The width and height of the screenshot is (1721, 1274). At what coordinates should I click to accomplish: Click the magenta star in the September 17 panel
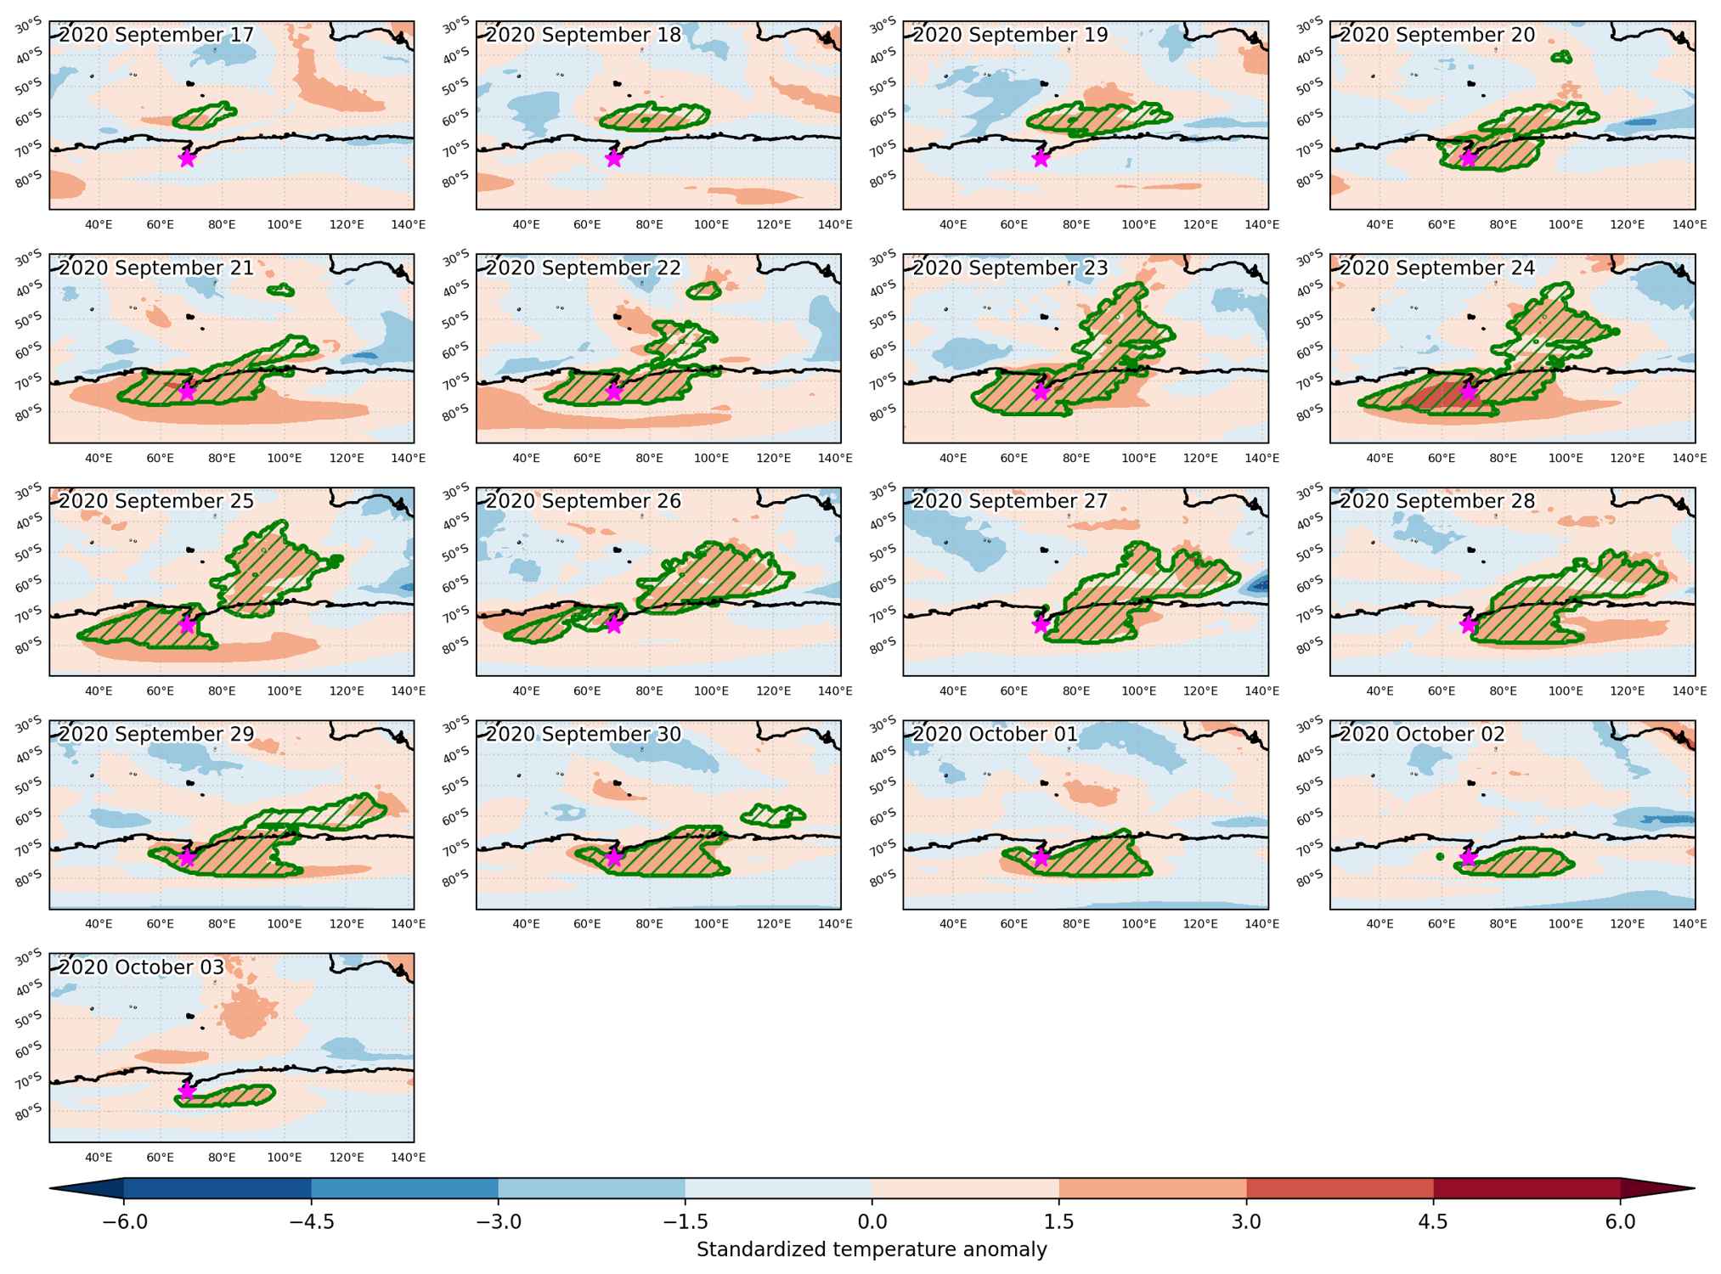click(x=187, y=158)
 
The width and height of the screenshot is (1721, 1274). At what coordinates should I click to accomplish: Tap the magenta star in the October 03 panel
click(x=187, y=1091)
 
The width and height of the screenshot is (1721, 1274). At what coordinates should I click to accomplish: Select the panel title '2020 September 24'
click(x=1437, y=268)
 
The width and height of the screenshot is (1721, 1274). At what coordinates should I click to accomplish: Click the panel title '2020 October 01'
click(x=995, y=734)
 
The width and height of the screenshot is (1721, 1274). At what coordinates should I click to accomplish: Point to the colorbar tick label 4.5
click(x=1433, y=1221)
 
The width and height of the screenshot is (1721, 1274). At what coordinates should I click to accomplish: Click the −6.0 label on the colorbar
click(x=124, y=1221)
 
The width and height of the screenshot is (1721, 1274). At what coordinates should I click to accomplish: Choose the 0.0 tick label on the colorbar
click(x=872, y=1221)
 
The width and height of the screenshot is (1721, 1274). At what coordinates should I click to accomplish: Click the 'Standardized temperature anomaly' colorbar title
click(x=872, y=1249)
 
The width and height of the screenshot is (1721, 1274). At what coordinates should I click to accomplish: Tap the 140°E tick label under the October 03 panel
click(x=409, y=1157)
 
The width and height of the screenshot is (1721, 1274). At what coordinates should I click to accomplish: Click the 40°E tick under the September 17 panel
click(x=99, y=224)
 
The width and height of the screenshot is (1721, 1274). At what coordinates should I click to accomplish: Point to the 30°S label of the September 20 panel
click(x=1308, y=25)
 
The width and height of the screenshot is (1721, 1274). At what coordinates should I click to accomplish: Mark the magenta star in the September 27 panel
click(x=1041, y=624)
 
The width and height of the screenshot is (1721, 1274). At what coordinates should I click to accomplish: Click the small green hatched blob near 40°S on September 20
click(x=1561, y=58)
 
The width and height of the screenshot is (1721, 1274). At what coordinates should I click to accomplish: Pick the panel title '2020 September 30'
click(x=584, y=734)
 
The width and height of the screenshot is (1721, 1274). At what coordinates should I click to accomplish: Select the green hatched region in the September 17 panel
click(x=204, y=116)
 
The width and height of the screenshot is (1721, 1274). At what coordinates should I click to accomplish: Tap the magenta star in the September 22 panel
click(x=614, y=392)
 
